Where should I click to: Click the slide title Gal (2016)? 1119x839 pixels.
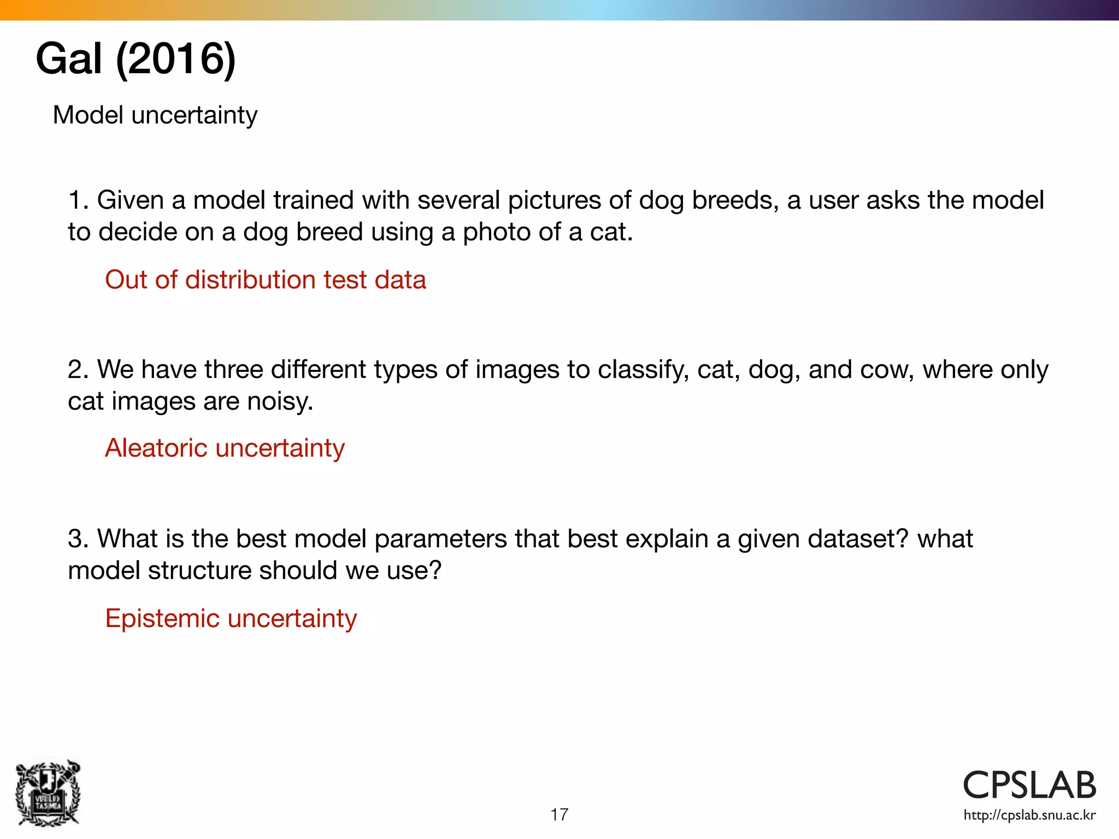[x=136, y=59]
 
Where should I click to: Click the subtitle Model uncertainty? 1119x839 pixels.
[x=155, y=115]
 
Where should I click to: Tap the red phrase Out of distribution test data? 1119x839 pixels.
[x=265, y=280]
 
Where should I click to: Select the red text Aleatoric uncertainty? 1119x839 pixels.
[x=225, y=448]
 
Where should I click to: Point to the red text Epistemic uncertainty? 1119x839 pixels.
[x=231, y=618]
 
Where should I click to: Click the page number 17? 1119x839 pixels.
[x=559, y=814]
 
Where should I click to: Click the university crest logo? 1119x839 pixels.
[x=48, y=793]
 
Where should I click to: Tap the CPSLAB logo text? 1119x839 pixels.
[x=1029, y=785]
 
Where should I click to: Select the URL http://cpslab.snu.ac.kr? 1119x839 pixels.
[x=1029, y=816]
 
